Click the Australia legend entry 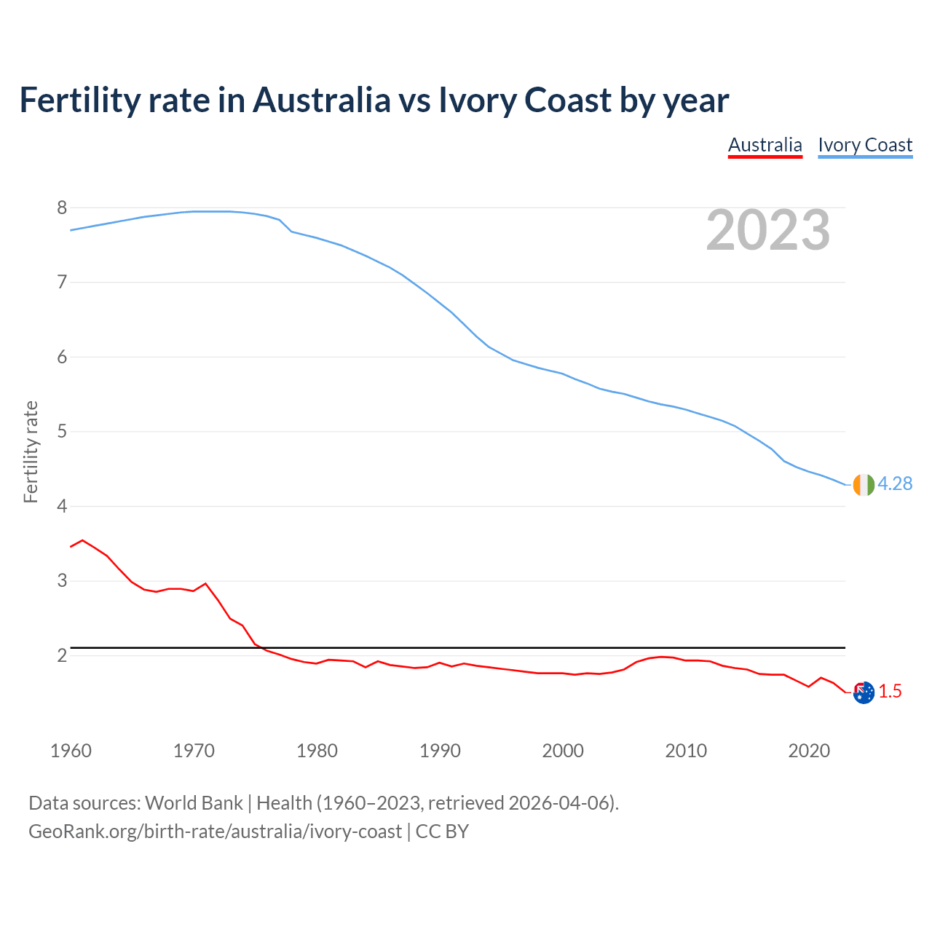(765, 145)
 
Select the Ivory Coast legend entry (865, 145)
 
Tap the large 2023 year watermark (768, 230)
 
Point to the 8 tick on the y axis (62, 208)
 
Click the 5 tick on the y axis (62, 432)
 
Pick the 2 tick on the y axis (62, 655)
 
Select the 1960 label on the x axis (71, 751)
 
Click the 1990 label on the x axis (440, 751)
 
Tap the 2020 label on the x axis (809, 751)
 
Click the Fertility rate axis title (31, 451)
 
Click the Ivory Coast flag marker (864, 484)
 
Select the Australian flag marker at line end (864, 692)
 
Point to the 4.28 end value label (895, 483)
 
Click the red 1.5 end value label (890, 692)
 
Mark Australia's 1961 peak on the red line (82, 540)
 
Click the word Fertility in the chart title (79, 100)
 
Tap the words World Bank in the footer (194, 803)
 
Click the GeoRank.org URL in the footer (215, 832)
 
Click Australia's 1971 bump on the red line (205, 583)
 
